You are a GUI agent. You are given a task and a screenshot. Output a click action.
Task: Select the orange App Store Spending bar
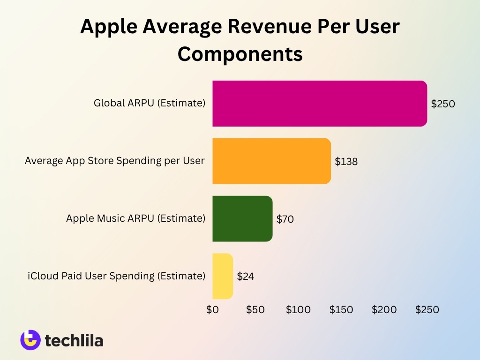pos(271,161)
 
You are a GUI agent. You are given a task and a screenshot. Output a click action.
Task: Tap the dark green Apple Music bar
pos(242,219)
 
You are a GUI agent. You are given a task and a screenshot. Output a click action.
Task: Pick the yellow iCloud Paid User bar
pos(223,276)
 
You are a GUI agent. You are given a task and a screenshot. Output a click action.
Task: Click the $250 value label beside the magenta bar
pos(443,104)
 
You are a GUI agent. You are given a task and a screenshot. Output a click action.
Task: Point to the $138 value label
pos(346,162)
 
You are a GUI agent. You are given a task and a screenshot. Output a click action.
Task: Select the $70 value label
pos(285,219)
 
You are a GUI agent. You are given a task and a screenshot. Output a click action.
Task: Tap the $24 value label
pos(246,277)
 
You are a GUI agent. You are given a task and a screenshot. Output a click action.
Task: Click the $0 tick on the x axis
pos(212,310)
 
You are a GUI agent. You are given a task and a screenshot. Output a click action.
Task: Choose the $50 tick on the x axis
pos(255,310)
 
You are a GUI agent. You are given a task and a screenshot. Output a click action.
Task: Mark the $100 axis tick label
pos(298,310)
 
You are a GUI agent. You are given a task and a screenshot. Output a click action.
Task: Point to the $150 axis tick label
pos(341,310)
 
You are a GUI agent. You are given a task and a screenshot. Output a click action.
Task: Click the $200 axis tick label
pos(384,310)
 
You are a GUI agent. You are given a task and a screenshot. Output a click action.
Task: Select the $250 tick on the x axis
pos(427,310)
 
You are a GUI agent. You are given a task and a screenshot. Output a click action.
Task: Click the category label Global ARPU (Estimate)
pos(150,103)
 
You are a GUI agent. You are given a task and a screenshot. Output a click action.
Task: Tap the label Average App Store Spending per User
pos(115,161)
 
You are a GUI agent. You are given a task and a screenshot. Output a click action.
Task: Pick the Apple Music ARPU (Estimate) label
pos(135,218)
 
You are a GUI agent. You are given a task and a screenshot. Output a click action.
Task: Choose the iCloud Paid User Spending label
pos(116,276)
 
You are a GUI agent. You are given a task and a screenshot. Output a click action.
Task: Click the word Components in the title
pos(240,54)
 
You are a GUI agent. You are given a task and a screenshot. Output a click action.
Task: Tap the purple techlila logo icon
pos(30,340)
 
